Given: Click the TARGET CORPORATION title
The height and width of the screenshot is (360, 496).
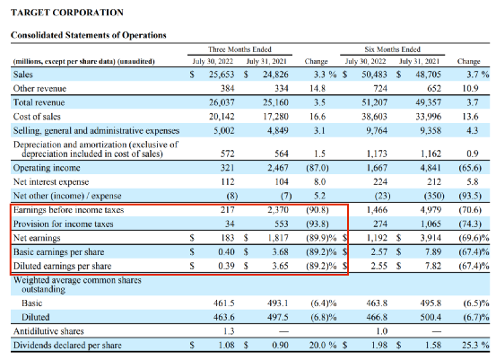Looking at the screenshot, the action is (67, 13).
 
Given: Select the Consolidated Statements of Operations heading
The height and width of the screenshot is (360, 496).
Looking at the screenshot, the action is (89, 35).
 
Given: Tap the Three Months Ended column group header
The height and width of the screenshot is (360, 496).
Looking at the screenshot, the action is (239, 49).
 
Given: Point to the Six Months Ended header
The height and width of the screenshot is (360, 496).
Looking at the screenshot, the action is (392, 49).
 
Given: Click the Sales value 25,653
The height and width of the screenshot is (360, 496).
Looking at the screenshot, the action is (222, 75).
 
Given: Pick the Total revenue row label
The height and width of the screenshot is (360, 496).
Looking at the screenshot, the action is (39, 102).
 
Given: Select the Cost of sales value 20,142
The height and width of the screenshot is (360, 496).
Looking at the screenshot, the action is (222, 117).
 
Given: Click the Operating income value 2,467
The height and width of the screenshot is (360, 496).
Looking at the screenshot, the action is (278, 168).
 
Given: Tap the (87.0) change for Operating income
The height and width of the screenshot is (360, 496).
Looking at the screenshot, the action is (318, 168).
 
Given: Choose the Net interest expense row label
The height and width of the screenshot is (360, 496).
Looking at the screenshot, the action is (51, 181).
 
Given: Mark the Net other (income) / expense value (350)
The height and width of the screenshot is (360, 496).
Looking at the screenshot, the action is (434, 196).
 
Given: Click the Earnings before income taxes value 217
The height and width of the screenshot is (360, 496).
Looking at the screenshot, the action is (228, 209).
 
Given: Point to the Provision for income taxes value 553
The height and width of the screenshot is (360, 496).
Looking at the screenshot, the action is (282, 224).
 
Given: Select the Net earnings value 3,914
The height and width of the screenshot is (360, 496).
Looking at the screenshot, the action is (431, 238).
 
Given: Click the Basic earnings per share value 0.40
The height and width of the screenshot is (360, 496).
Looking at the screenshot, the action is (227, 251).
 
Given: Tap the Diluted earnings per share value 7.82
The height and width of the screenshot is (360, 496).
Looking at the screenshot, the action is (433, 266).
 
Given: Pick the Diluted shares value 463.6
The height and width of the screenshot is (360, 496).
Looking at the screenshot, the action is (224, 317).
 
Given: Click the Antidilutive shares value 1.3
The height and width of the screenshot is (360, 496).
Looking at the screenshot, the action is (229, 331).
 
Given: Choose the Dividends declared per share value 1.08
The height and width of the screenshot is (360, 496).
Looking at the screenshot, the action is (227, 345).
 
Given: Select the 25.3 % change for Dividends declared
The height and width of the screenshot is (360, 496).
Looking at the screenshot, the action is (475, 345).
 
